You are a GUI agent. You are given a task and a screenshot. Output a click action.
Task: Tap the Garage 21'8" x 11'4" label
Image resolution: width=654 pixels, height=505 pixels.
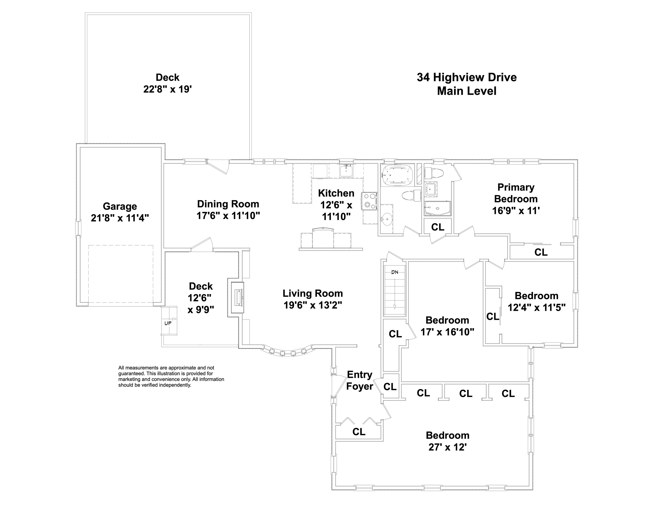point(120,212)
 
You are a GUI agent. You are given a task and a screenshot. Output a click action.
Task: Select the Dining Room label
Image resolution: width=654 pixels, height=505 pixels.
point(228,204)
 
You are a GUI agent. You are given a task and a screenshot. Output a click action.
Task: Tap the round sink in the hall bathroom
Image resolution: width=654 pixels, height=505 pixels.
point(387,219)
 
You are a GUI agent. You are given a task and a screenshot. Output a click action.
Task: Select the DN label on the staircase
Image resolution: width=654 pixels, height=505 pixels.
point(395,272)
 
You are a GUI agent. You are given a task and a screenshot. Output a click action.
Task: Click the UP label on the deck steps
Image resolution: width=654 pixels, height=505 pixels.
point(168,323)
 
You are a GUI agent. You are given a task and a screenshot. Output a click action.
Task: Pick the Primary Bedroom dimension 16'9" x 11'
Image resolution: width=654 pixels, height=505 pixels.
point(516,211)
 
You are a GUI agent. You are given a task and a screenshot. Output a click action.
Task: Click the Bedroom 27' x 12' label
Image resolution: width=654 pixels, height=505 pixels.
point(447,441)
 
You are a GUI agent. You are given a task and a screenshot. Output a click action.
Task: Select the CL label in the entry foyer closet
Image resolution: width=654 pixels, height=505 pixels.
point(359,432)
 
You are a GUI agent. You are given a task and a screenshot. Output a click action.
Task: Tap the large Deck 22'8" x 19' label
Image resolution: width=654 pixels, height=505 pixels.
point(167,83)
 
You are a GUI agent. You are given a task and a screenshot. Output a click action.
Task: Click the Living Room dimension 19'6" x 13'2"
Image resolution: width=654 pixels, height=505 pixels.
point(313,305)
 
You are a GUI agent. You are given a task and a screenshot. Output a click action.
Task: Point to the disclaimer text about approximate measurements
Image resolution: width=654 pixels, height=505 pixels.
point(171,376)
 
